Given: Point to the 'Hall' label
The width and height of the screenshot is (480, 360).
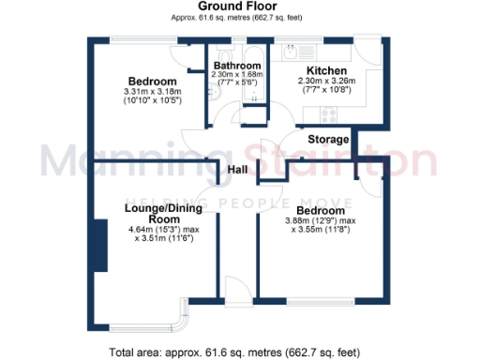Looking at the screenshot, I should [238, 169].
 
